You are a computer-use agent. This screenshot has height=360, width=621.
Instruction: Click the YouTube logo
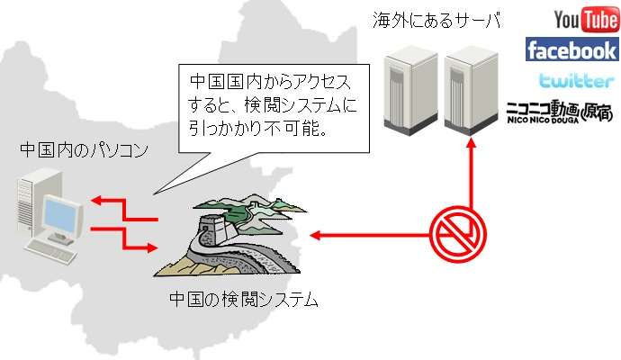coord(587,20)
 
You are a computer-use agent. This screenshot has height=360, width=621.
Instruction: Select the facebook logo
coord(571,49)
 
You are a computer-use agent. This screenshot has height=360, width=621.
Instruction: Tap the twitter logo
coord(576,79)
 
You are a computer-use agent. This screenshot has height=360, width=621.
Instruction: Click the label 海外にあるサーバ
coord(436,20)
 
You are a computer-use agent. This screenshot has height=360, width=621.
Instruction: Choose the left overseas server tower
coord(410,90)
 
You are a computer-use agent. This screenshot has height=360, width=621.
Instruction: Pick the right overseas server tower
coord(471,90)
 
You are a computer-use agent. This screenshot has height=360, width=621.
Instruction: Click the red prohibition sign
coord(458,234)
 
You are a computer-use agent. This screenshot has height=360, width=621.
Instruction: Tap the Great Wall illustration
coord(229,235)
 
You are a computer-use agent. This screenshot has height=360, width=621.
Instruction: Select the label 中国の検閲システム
coord(244,300)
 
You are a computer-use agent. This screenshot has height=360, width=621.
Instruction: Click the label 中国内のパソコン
coord(84,150)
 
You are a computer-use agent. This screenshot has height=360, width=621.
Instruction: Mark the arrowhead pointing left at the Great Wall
coord(315,236)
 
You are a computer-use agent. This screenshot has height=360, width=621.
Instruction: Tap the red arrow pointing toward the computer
coord(125,210)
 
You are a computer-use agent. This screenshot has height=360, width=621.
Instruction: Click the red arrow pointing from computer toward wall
coord(125,238)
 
